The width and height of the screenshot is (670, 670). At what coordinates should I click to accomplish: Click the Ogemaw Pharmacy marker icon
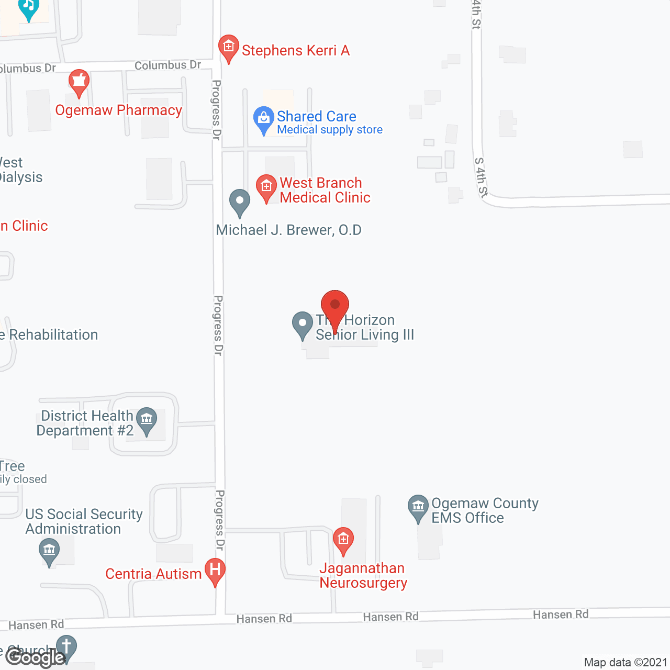tap(79, 83)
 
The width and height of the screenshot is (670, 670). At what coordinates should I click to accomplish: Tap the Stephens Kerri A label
tap(295, 50)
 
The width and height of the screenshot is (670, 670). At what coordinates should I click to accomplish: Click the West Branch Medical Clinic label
tap(325, 190)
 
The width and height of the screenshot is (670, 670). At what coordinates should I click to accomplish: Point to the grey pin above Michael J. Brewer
tap(240, 202)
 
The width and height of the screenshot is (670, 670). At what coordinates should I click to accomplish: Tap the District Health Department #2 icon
tap(147, 420)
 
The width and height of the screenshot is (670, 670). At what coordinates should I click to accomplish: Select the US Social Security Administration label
tap(84, 521)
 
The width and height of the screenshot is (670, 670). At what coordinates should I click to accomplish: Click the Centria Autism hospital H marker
tap(215, 571)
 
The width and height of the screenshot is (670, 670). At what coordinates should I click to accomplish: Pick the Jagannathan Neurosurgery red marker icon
tap(343, 540)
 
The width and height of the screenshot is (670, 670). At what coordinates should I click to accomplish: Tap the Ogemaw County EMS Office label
tap(485, 510)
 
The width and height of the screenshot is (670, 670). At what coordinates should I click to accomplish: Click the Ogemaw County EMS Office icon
tap(418, 507)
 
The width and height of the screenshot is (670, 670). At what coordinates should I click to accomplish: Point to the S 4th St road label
tap(481, 177)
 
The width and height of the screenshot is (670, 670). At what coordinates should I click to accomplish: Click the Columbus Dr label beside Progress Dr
tap(167, 65)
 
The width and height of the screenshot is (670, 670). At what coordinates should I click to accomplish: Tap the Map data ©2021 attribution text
tap(626, 662)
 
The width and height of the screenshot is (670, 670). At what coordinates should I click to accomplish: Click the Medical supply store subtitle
tap(330, 130)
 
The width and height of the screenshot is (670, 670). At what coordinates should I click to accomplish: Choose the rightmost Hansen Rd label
tap(561, 615)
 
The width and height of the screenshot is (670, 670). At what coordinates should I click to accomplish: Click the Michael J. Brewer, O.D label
tap(288, 230)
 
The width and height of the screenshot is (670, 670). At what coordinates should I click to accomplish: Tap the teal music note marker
tap(29, 8)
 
